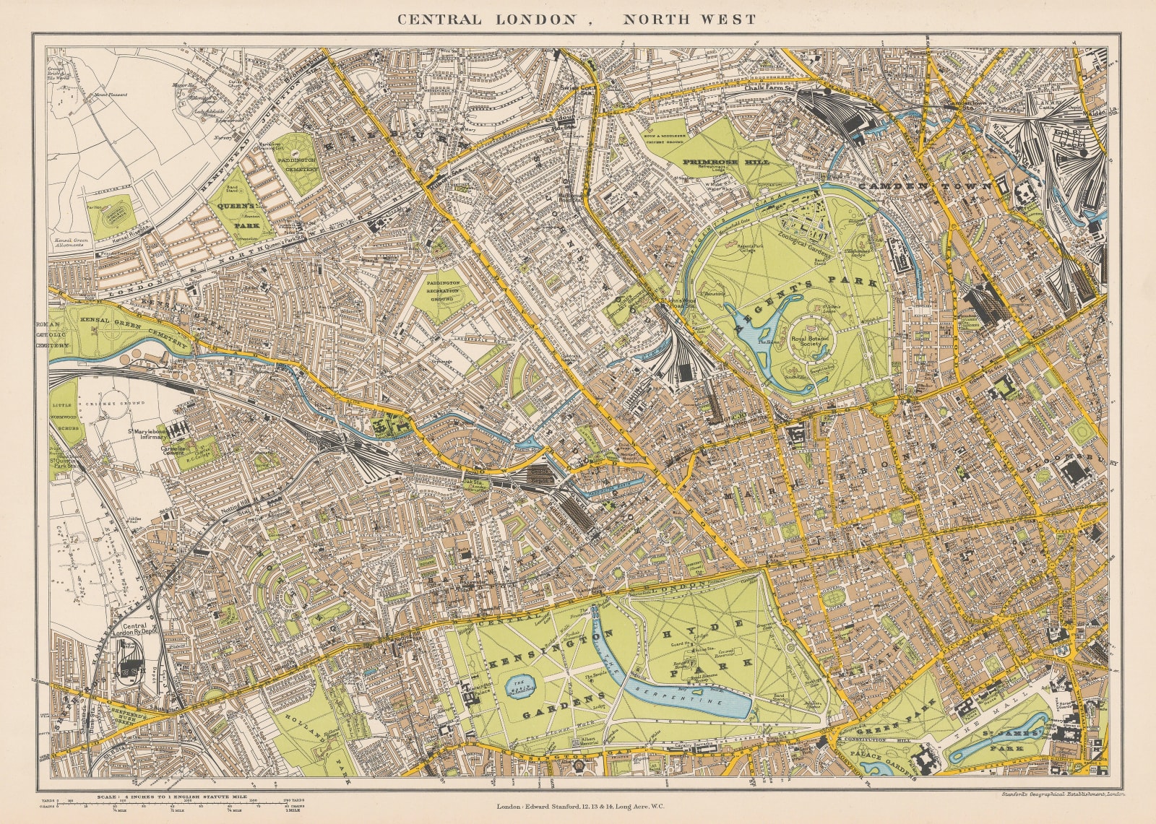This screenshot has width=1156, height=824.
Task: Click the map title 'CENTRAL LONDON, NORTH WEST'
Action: click(576, 19)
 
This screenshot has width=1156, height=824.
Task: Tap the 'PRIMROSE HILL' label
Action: click(728, 162)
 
